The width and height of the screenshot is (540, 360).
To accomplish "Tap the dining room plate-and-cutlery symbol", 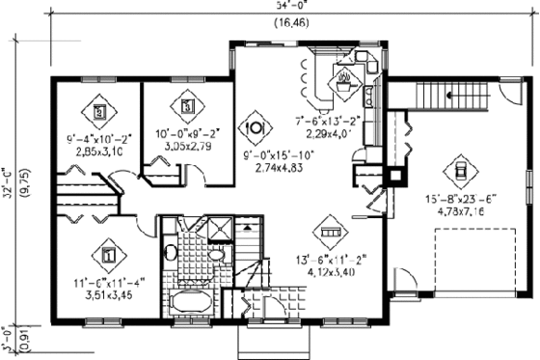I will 257,126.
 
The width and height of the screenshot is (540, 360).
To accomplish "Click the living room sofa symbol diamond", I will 331,233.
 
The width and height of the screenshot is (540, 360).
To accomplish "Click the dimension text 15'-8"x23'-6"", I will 461,201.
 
